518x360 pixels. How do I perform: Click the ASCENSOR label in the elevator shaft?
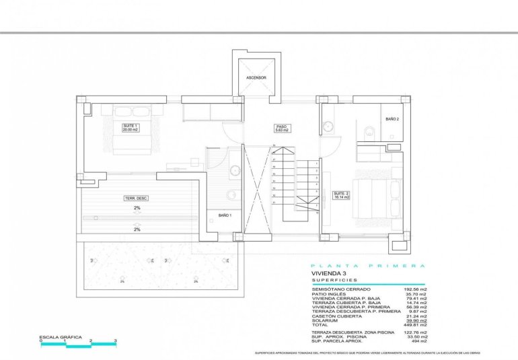(256, 78)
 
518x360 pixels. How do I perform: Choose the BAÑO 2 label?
(392, 118)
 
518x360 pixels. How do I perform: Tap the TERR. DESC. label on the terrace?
(136, 198)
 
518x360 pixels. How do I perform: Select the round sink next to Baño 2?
(328, 125)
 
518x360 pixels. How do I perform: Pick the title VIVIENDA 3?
(328, 275)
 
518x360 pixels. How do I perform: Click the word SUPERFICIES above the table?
(335, 281)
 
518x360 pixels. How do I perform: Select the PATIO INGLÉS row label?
(329, 294)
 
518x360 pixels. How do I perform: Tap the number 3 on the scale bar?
(115, 341)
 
